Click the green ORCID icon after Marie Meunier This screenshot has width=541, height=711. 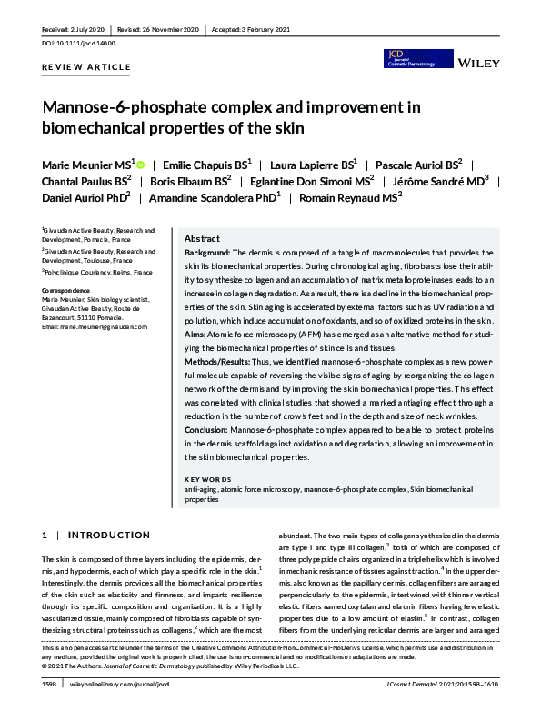point(141,164)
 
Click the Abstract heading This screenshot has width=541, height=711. point(203,238)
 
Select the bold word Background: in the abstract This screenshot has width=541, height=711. point(207,252)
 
